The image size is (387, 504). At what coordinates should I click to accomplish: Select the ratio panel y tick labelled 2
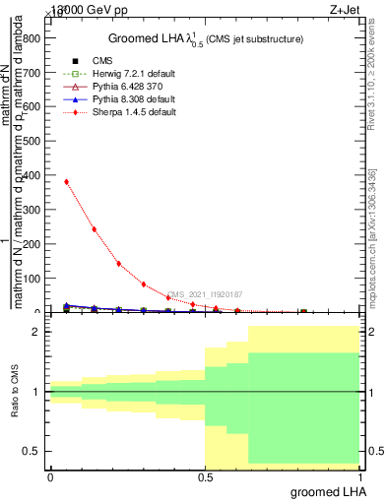click(x=37, y=333)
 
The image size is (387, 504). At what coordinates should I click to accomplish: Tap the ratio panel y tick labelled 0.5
click(x=34, y=451)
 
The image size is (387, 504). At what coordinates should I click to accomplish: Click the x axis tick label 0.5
click(x=205, y=477)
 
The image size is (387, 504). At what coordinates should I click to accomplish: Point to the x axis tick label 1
click(x=359, y=477)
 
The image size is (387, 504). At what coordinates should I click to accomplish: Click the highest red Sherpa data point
click(x=66, y=181)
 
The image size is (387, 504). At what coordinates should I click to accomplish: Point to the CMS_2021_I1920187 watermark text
click(x=205, y=294)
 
